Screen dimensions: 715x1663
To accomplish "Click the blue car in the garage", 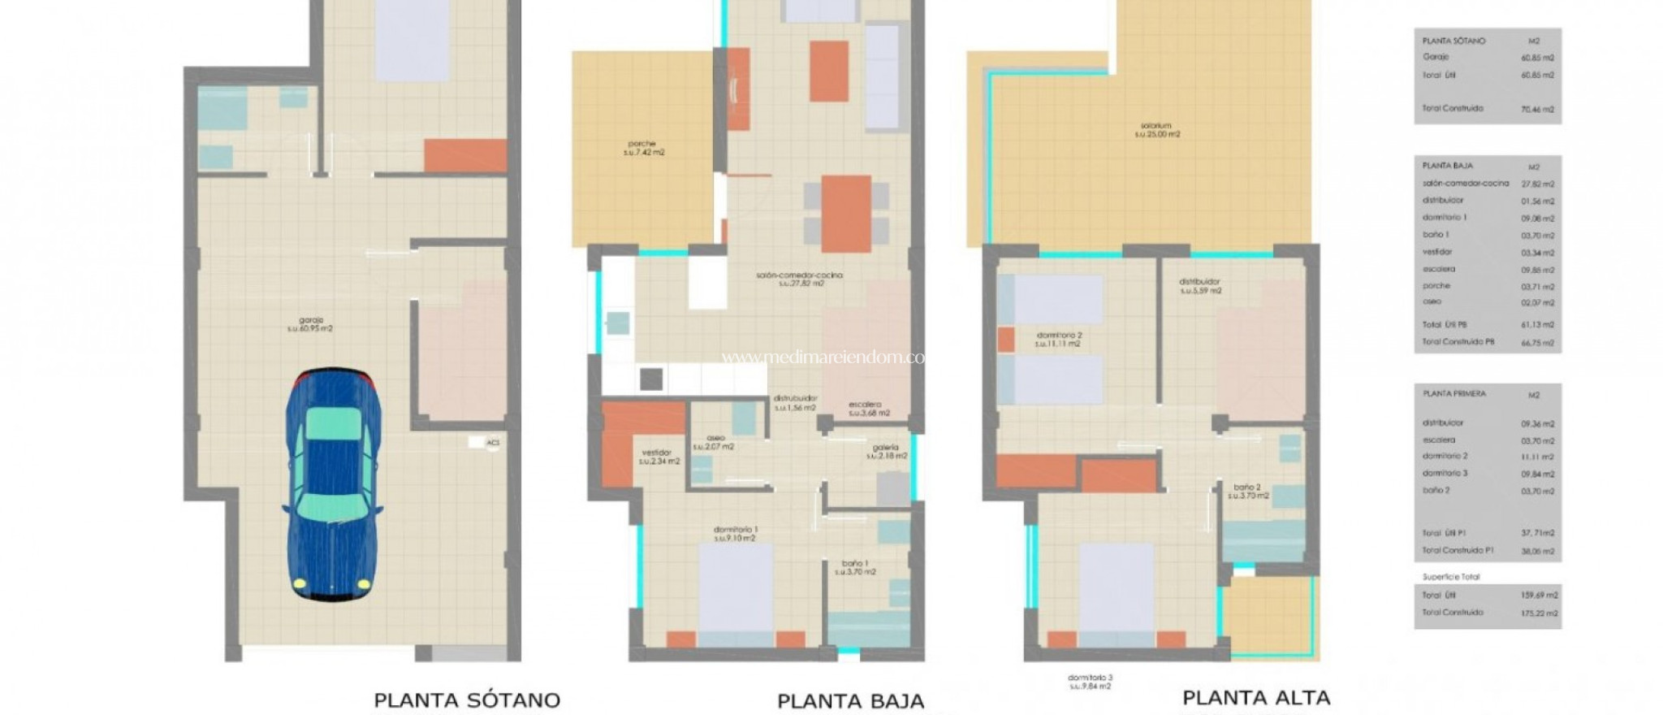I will coord(333,485).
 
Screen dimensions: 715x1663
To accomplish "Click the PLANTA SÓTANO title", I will coord(467,700).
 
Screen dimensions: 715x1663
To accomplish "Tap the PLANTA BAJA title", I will coord(850,700).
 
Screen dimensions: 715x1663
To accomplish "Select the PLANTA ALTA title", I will coord(1255,697).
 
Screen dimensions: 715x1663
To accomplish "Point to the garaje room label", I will coord(310,324).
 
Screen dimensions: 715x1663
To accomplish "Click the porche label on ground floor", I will coord(643,148).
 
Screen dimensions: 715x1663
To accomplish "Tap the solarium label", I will coord(1156,130).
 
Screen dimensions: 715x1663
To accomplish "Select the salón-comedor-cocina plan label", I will coord(799,279).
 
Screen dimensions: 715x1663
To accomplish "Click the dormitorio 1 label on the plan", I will coord(736,533).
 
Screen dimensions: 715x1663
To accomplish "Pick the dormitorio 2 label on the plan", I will coord(1058,339).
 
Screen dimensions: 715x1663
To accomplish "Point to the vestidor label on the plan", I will coord(659,457).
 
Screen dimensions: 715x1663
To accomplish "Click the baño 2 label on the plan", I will coord(1247,491).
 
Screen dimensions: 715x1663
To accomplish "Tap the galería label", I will coord(886,451).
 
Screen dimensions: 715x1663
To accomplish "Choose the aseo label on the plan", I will coord(715,442).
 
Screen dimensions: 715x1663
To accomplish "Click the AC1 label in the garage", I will coord(492,443).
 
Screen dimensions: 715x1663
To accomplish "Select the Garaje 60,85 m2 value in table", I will coord(1537,58).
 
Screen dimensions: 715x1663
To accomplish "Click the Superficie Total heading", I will coord(1451,577).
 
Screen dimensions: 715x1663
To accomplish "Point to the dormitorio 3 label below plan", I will coord(1090,682).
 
